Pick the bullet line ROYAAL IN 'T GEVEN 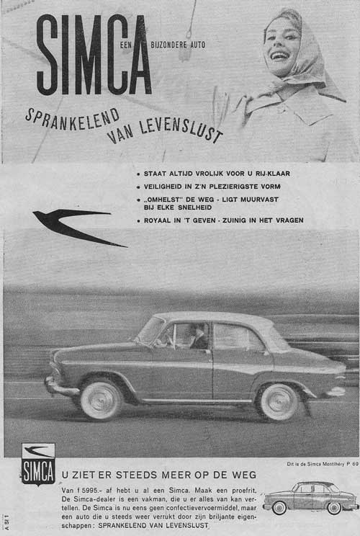222,220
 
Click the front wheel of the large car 101,400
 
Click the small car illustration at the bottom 310,497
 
